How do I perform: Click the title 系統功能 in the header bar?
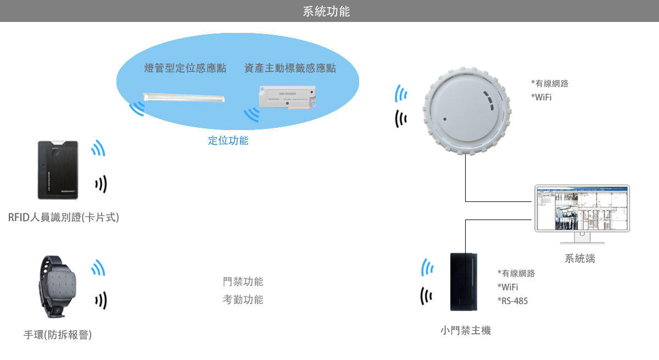point(326,12)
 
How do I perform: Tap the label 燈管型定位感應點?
point(185,69)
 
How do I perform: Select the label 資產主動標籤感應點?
point(290,69)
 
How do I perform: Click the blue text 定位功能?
point(228,140)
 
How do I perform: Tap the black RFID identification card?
point(58,170)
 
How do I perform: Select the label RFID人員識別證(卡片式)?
point(63,218)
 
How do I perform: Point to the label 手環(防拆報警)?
point(58,334)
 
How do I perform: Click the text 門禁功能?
point(243,282)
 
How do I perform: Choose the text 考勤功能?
point(243,300)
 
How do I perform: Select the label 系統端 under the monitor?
point(580,258)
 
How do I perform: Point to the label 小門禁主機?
point(465,330)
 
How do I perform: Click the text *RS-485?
point(512,301)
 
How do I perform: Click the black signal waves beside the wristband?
point(100,300)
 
